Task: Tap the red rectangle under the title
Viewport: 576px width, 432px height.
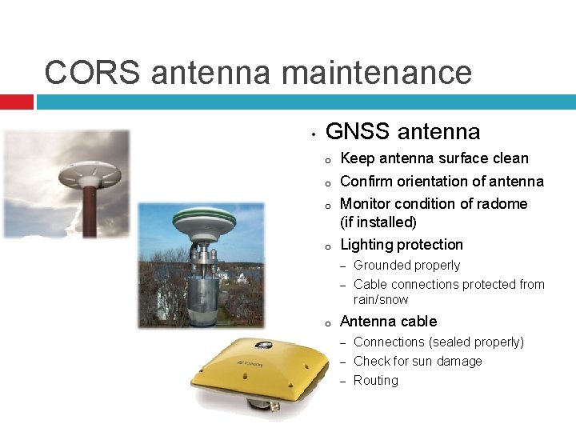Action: (x=17, y=102)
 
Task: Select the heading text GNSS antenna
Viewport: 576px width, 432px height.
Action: (x=403, y=131)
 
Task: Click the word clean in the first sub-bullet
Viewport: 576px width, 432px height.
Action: (x=509, y=158)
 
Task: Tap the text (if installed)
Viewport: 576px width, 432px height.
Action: (x=379, y=222)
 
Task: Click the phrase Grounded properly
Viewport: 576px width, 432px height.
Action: (x=407, y=266)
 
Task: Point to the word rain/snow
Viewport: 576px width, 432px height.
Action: (x=381, y=300)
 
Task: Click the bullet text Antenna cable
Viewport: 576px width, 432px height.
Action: (x=389, y=322)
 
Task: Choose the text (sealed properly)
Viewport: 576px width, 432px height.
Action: (x=477, y=342)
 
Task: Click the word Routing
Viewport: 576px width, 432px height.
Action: (x=376, y=381)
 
